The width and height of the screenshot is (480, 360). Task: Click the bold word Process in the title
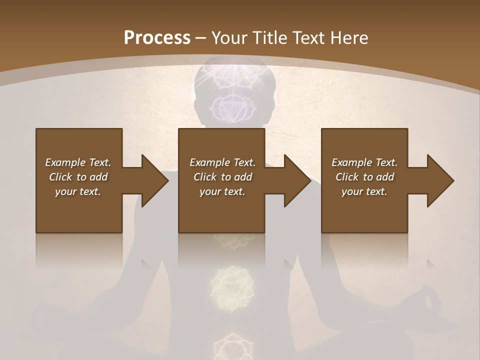coord(157,38)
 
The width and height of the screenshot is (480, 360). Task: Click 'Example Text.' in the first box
coord(78,162)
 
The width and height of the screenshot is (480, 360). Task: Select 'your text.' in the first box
coord(78,191)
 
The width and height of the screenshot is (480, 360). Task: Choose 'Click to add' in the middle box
coord(222,177)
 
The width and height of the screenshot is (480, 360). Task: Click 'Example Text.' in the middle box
coord(222,162)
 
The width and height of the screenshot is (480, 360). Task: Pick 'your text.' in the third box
coord(364,191)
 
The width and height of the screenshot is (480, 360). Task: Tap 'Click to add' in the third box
coord(364,177)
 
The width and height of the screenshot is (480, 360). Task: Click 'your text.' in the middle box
coord(222,191)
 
